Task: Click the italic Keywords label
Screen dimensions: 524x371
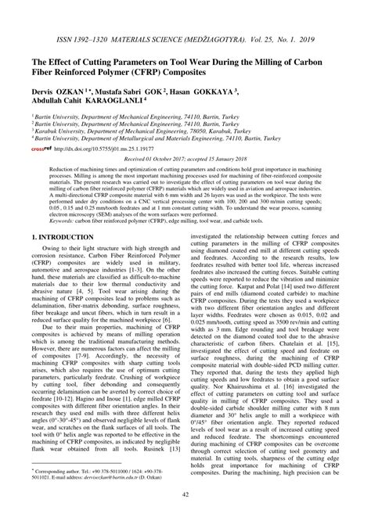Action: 66,231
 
